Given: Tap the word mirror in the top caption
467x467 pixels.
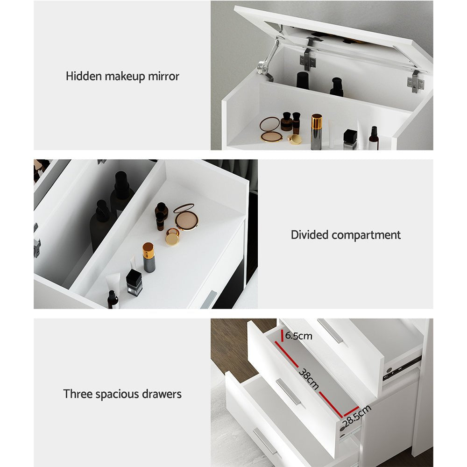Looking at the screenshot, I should (x=164, y=76).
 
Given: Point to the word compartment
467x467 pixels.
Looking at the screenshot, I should (x=369, y=235).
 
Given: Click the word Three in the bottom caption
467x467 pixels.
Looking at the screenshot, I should (x=78, y=394).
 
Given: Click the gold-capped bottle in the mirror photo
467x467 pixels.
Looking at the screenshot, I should (x=317, y=131).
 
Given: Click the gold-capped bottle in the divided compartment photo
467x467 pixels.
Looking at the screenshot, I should (x=149, y=257).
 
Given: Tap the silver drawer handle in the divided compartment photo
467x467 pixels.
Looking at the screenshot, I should (x=210, y=299).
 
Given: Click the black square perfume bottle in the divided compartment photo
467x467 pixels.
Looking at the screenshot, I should (x=134, y=283).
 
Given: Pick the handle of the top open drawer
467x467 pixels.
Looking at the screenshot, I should (x=330, y=331).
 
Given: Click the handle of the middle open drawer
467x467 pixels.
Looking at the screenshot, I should (x=288, y=390).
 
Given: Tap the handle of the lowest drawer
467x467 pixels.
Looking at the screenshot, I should (x=264, y=441).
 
